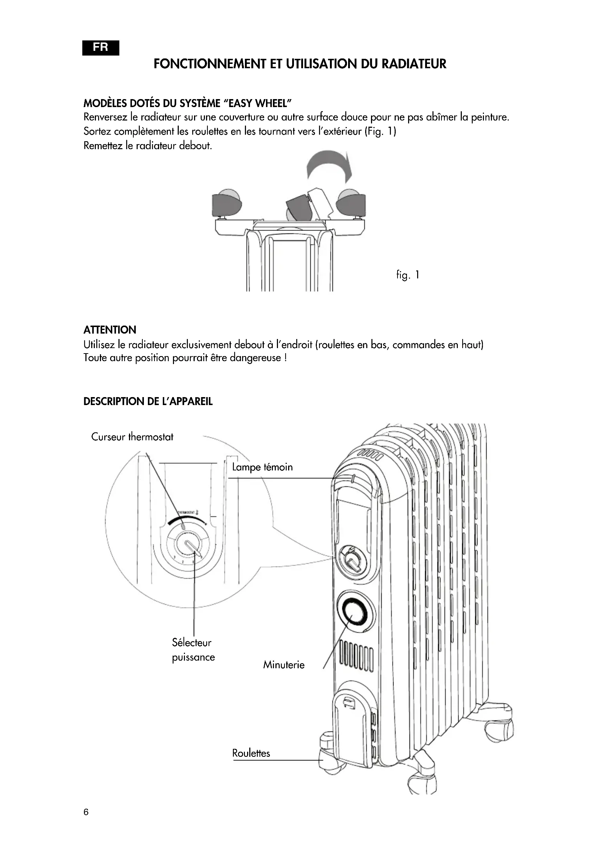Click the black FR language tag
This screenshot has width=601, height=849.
click(x=101, y=48)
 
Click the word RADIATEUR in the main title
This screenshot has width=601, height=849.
click(x=414, y=64)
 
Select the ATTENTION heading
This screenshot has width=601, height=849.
click(x=110, y=330)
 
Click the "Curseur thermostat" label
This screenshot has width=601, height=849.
click(x=132, y=437)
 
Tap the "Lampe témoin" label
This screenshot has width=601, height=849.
click(x=262, y=468)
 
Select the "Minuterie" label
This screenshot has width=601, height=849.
click(x=284, y=665)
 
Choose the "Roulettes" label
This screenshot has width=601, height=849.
click(x=251, y=753)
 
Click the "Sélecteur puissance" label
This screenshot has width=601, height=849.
click(x=193, y=650)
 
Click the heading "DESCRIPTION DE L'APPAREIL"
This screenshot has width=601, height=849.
click(x=148, y=401)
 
